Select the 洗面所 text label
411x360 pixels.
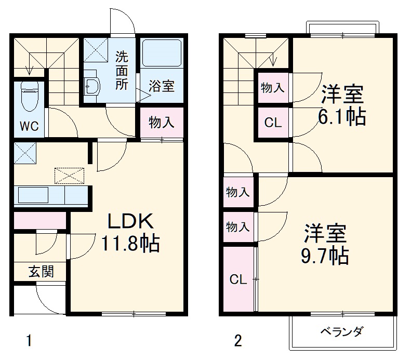click(x=121, y=71)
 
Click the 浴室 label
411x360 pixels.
click(x=161, y=86)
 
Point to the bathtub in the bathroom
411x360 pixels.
click(x=161, y=55)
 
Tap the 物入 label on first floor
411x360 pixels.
click(x=161, y=123)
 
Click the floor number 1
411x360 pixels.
click(x=29, y=341)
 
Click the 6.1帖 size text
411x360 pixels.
click(x=341, y=117)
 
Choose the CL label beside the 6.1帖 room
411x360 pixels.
click(x=272, y=123)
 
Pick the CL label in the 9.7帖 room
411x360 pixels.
click(x=238, y=279)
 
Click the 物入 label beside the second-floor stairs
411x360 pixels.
click(x=272, y=88)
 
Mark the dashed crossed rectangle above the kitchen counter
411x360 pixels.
click(x=69, y=176)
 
